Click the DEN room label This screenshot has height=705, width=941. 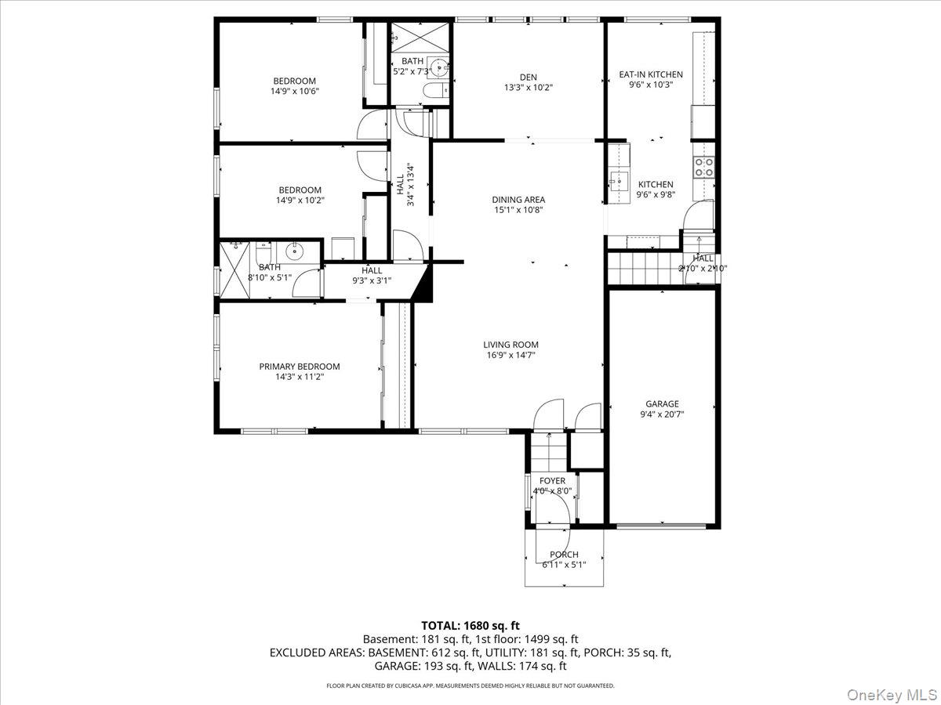529,78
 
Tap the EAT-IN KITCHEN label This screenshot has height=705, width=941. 651,74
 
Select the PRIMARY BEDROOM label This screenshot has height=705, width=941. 300,367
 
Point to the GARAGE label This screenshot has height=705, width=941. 662,403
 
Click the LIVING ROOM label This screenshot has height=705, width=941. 510,345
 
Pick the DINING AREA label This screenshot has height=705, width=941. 518,200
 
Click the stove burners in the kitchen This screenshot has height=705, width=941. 704,167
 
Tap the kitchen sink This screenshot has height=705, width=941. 619,183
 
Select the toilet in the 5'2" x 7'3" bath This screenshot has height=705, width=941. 435,90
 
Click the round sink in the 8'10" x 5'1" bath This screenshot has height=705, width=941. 293,252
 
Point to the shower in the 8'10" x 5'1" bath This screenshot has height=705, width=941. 234,270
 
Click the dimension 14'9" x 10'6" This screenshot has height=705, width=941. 295,91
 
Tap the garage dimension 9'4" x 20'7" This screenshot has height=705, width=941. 662,414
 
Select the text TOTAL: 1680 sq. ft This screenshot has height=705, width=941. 470,626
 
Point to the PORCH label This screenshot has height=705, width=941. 564,555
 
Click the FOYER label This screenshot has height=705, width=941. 552,481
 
